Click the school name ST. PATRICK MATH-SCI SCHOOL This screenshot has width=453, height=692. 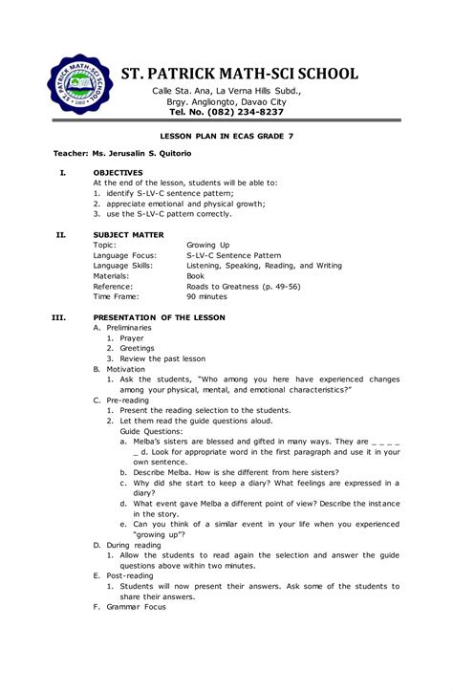(239, 74)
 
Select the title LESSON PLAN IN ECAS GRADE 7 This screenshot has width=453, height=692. (226, 137)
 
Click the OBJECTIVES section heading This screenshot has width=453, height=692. (118, 173)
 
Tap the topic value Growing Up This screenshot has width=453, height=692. (207, 245)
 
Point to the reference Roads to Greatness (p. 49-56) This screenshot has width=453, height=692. (244, 287)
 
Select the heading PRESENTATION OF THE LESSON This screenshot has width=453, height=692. (161, 317)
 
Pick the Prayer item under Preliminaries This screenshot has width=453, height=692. (131, 337)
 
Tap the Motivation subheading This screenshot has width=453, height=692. (124, 368)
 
